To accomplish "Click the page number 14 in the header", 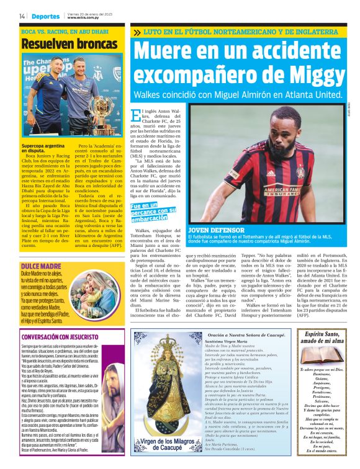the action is coord(22,16).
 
